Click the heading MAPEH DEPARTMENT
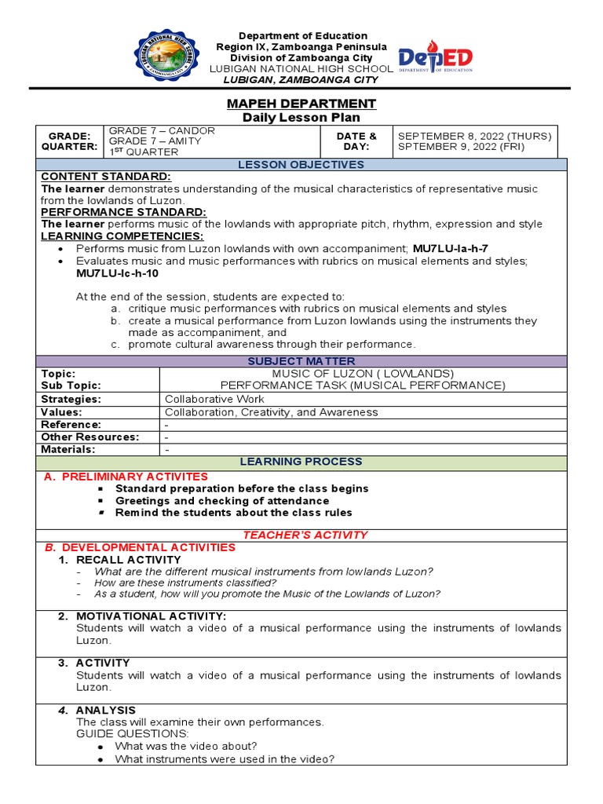pos(301,104)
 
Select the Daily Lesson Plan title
pos(301,118)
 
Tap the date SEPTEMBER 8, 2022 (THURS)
pos(474,136)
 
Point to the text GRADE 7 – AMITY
pos(155,141)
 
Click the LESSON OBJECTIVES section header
pos(301,165)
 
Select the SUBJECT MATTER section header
pos(301,361)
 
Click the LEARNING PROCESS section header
pos(301,462)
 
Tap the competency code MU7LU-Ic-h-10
pos(117,272)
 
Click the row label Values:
pos(61,412)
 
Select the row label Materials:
pos(68,449)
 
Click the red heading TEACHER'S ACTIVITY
pos(305,535)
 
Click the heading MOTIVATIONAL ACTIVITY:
pos(151,616)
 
